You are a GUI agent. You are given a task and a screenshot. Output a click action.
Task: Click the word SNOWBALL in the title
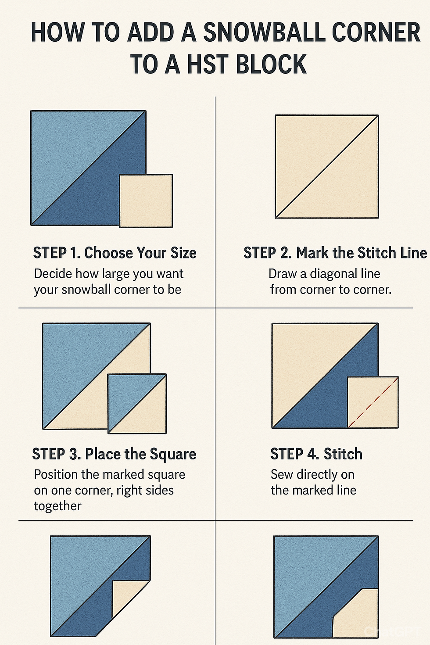265,32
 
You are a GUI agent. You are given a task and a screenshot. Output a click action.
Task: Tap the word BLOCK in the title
271,64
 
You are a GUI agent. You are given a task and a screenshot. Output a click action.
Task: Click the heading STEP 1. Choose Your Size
115,253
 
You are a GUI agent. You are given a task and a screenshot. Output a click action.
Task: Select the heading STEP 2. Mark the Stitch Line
335,253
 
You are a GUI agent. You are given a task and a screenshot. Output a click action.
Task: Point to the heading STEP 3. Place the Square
114,454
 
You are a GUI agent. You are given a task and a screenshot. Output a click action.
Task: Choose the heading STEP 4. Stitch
316,454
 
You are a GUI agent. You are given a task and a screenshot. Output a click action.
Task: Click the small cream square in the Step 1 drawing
146,201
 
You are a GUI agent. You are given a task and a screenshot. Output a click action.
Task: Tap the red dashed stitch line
373,402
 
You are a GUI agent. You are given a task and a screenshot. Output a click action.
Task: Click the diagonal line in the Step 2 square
326,166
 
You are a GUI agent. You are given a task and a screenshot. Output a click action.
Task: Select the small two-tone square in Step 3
137,403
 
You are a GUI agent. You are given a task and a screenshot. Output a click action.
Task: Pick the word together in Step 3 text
57,506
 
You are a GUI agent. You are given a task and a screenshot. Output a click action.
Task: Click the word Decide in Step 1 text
53,273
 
